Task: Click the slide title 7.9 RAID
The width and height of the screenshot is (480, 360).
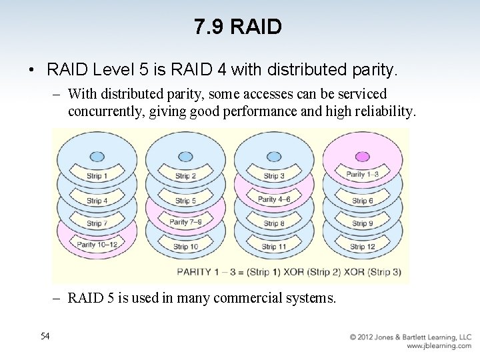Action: click(x=239, y=27)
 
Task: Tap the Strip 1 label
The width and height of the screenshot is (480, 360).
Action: click(x=97, y=176)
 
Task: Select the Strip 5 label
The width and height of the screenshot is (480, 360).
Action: click(x=185, y=201)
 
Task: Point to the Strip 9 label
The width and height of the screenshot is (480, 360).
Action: click(x=363, y=224)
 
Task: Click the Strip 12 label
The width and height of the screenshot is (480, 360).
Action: click(x=362, y=247)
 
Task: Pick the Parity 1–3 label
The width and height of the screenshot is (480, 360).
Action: click(x=363, y=175)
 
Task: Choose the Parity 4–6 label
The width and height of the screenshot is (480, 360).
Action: click(x=274, y=199)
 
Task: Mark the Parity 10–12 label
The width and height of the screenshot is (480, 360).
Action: click(x=96, y=245)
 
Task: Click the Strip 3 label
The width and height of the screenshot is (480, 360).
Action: click(x=274, y=176)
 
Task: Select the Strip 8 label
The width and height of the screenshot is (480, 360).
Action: click(x=274, y=224)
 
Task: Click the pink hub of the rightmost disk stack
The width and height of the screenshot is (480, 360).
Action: click(x=363, y=156)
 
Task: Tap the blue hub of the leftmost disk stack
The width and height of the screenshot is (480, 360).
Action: click(x=97, y=156)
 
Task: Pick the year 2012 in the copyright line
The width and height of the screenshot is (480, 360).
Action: click(x=370, y=337)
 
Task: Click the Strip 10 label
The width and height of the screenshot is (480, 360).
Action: click(x=185, y=247)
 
